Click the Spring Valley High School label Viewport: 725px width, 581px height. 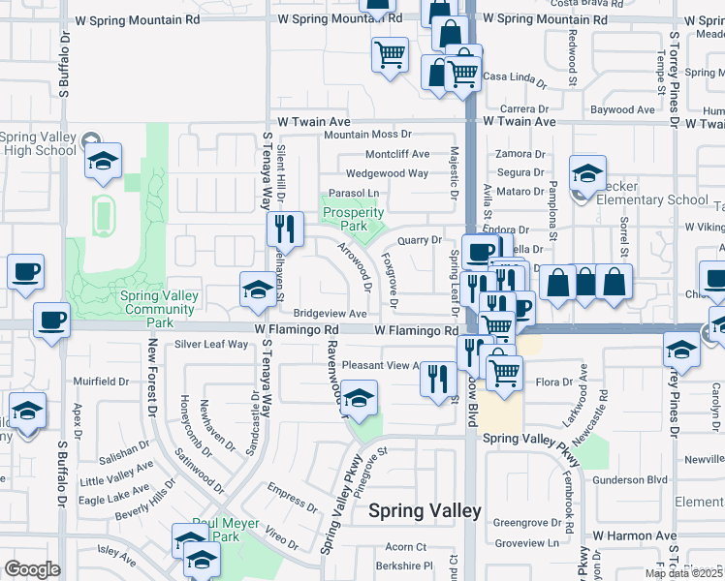39,143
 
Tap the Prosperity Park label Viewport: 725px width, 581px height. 354,219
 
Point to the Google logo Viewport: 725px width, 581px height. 32,569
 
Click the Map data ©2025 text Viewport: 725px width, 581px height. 684,573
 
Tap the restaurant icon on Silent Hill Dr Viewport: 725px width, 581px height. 284,229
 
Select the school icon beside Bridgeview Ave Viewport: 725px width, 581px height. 257,290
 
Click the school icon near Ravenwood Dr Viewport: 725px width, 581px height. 359,399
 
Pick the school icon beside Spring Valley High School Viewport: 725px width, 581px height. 102,162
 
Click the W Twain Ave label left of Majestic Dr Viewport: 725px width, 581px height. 313,122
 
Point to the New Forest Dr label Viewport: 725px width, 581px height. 152,376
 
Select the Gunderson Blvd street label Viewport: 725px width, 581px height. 631,479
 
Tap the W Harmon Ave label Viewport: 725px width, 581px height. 635,535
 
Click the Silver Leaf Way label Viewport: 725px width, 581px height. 211,344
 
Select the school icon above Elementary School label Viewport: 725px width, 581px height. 587,173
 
